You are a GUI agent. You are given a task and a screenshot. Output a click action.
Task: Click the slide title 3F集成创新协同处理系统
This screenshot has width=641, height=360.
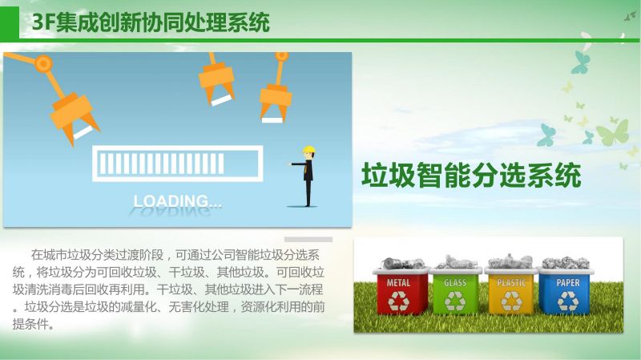point(151,22)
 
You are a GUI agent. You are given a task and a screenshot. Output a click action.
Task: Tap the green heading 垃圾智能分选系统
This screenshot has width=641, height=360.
point(471,176)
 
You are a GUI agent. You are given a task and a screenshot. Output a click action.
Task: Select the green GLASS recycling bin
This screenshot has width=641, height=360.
point(455,291)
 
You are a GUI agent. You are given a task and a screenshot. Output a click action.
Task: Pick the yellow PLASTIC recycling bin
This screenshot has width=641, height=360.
point(511,291)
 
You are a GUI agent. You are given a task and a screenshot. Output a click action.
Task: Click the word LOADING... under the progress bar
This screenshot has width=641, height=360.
point(177,201)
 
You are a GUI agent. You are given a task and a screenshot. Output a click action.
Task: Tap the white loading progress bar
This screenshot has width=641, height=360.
point(177,164)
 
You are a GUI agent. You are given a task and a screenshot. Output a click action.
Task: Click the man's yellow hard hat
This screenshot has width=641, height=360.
point(309,150)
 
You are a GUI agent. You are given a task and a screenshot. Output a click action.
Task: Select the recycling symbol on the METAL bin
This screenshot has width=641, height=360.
point(398,301)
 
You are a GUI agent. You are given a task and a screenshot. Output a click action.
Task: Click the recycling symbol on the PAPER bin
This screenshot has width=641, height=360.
point(568,301)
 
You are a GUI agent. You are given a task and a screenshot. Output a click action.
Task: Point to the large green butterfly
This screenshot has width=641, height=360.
point(612,131)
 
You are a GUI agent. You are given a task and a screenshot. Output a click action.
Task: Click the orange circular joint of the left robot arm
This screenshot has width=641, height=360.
point(43,64)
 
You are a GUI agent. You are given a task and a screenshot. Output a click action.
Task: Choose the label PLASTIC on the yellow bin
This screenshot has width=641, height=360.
point(511,282)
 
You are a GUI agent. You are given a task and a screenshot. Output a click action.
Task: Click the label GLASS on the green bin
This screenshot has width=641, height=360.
point(455,282)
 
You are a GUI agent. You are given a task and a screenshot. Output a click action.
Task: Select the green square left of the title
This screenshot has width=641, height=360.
point(10,23)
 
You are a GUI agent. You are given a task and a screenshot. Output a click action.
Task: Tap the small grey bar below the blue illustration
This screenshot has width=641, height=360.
point(308,239)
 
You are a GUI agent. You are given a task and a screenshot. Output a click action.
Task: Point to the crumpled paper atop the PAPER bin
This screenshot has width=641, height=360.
point(566,263)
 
